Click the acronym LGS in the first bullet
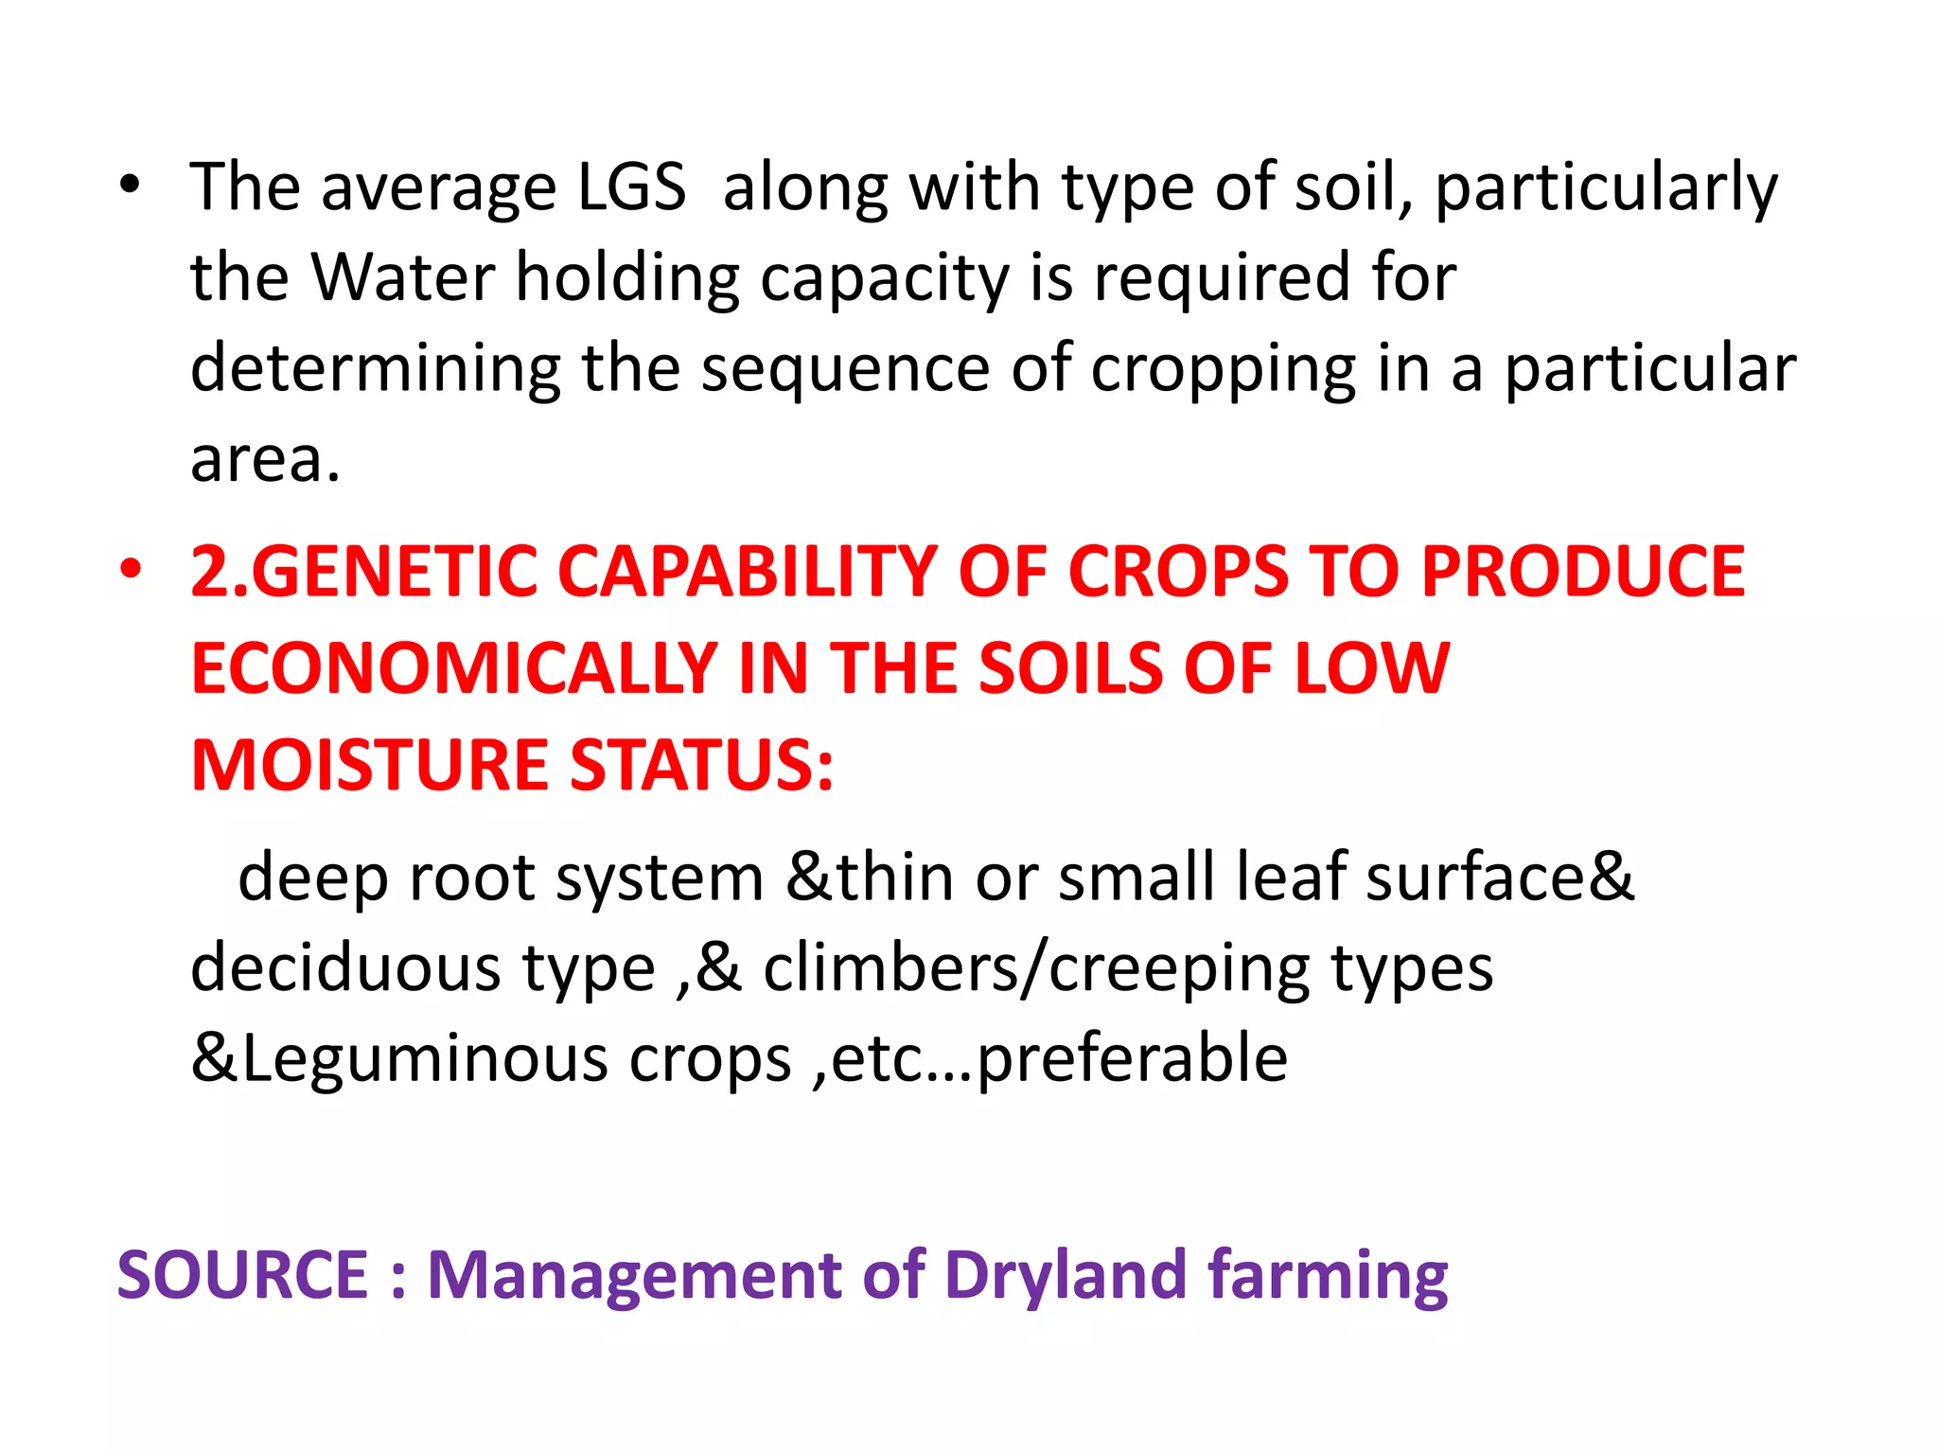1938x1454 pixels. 631,186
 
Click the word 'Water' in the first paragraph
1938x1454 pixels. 403,277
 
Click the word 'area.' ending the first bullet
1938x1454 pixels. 265,459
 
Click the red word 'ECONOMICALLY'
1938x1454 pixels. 454,668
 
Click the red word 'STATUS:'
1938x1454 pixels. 702,765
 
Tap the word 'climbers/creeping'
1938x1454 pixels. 1036,967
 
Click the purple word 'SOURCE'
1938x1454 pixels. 242,1274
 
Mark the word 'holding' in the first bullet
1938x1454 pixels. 627,279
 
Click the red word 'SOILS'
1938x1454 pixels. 1069,668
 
